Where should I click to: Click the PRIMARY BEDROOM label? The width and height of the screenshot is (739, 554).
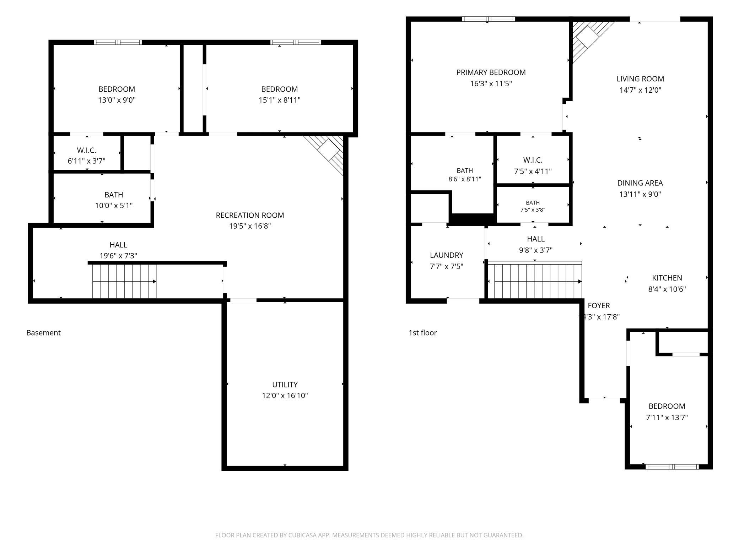[x=491, y=72]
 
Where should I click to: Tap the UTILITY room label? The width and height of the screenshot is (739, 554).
[x=285, y=385]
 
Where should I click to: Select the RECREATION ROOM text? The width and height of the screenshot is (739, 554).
[x=250, y=215]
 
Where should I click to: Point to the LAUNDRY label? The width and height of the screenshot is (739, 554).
[x=447, y=255]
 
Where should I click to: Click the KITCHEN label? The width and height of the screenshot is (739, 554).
[x=667, y=278]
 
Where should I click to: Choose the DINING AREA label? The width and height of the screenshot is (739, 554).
[x=640, y=183]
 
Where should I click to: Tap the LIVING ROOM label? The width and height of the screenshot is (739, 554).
[x=640, y=79]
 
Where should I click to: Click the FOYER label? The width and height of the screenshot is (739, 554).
[x=599, y=305]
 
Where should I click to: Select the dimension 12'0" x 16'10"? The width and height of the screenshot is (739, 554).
[x=285, y=396]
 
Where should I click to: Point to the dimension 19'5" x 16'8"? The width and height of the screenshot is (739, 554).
[x=250, y=226]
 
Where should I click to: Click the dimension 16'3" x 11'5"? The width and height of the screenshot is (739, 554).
[x=491, y=84]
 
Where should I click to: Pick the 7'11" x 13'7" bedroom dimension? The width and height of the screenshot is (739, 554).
[x=667, y=417]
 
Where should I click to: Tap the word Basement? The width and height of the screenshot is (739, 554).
[x=43, y=333]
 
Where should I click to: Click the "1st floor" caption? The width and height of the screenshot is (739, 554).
[x=422, y=333]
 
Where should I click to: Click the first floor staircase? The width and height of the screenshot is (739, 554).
[x=535, y=281]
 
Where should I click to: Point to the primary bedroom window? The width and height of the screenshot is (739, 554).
[x=489, y=19]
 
